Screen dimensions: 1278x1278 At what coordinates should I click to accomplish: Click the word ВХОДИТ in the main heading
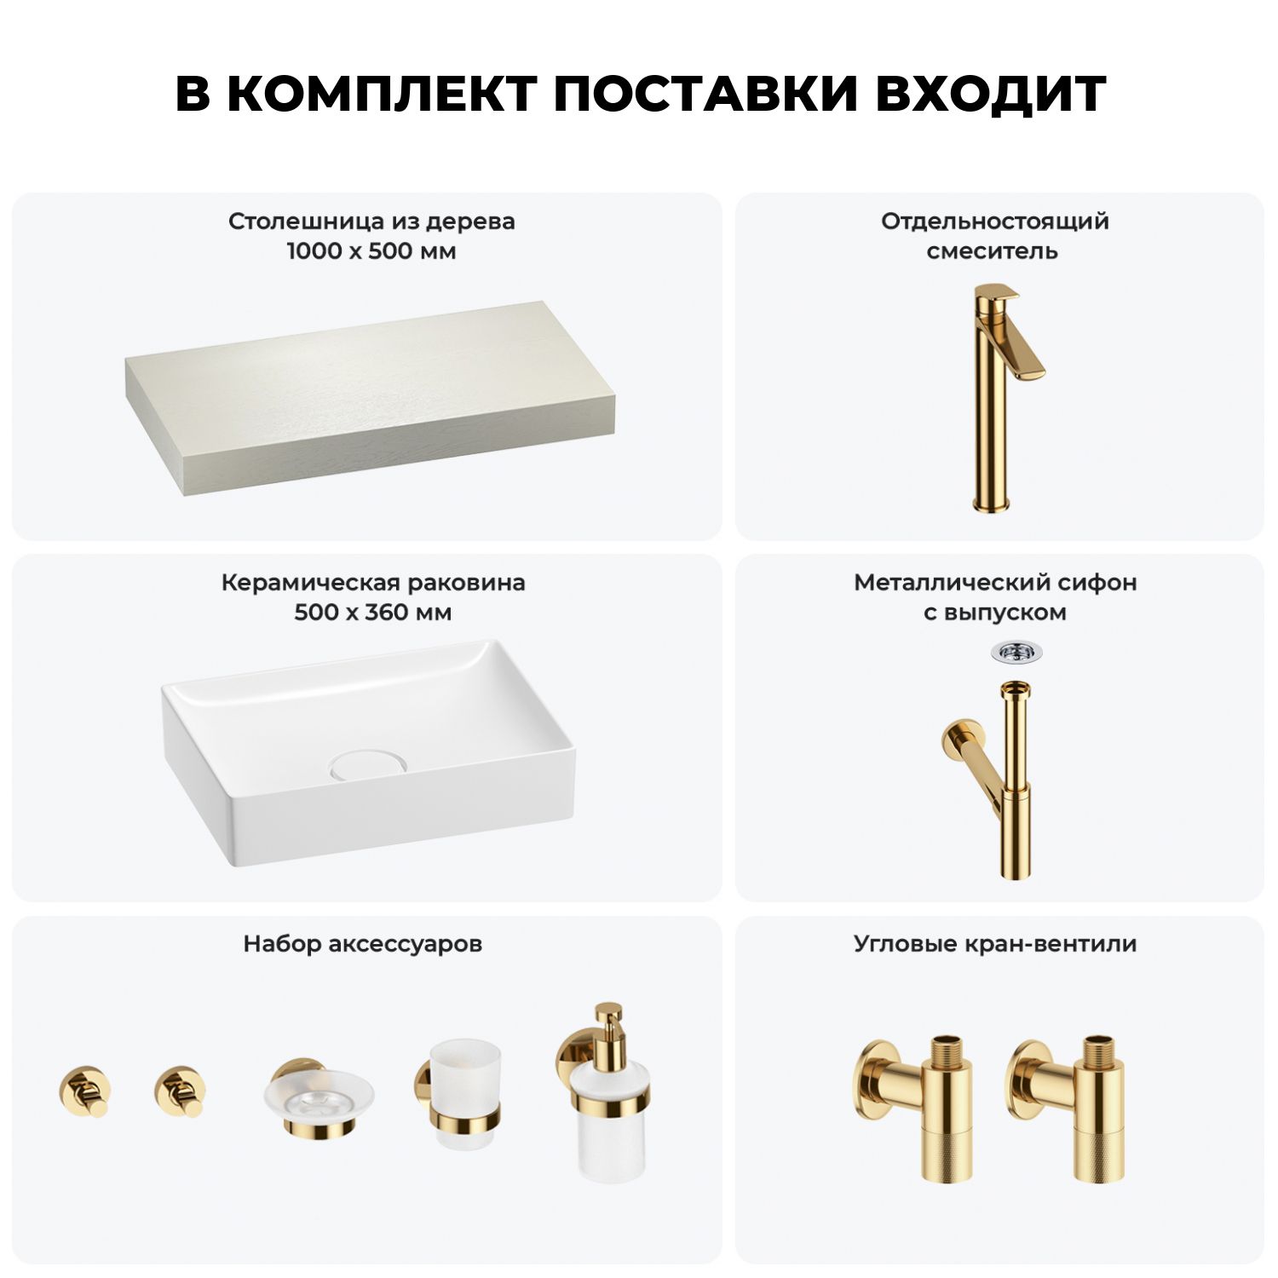coord(990,94)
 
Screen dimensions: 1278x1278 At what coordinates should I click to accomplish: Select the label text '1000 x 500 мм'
coord(371,251)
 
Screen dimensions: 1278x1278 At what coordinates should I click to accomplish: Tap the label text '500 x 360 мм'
coord(373,613)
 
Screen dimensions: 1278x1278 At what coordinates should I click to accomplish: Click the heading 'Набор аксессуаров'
coord(363,944)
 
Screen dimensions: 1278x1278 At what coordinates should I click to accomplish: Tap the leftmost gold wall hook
coord(84,1091)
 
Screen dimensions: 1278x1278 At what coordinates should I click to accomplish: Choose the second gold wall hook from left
coord(180,1091)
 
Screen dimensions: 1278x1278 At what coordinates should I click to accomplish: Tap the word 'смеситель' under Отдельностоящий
coord(993,251)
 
